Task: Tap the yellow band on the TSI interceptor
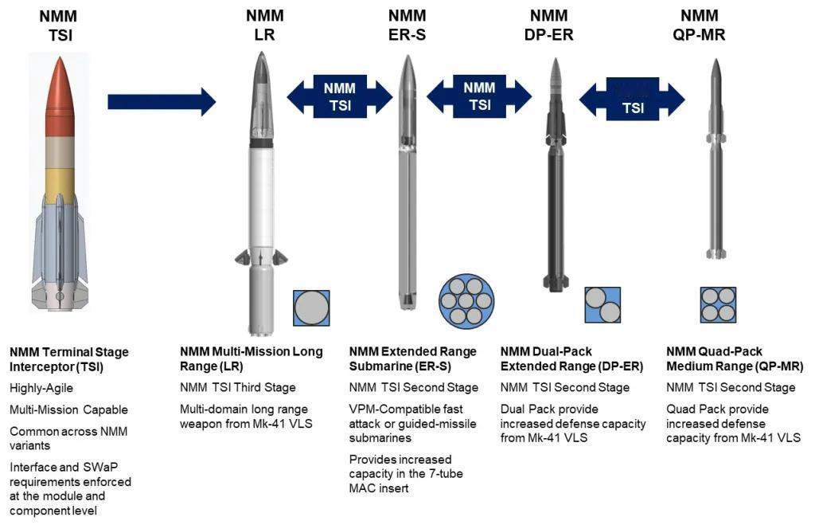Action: (x=60, y=186)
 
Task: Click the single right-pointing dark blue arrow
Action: (x=162, y=102)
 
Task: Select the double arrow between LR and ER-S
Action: (x=340, y=96)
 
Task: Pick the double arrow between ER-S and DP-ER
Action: (x=479, y=96)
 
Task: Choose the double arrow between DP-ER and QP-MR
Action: (x=632, y=99)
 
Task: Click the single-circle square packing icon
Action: (x=311, y=308)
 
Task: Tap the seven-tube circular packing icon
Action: (x=466, y=301)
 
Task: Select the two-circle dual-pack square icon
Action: (x=602, y=305)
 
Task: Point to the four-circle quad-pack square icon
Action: (x=718, y=305)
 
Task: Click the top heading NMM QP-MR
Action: (x=699, y=25)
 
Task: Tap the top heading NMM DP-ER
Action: (x=549, y=25)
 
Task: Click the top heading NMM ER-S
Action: (x=407, y=25)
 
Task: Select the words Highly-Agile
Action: (x=41, y=388)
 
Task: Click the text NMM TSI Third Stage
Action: (x=237, y=388)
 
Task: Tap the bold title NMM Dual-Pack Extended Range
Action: (x=571, y=359)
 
